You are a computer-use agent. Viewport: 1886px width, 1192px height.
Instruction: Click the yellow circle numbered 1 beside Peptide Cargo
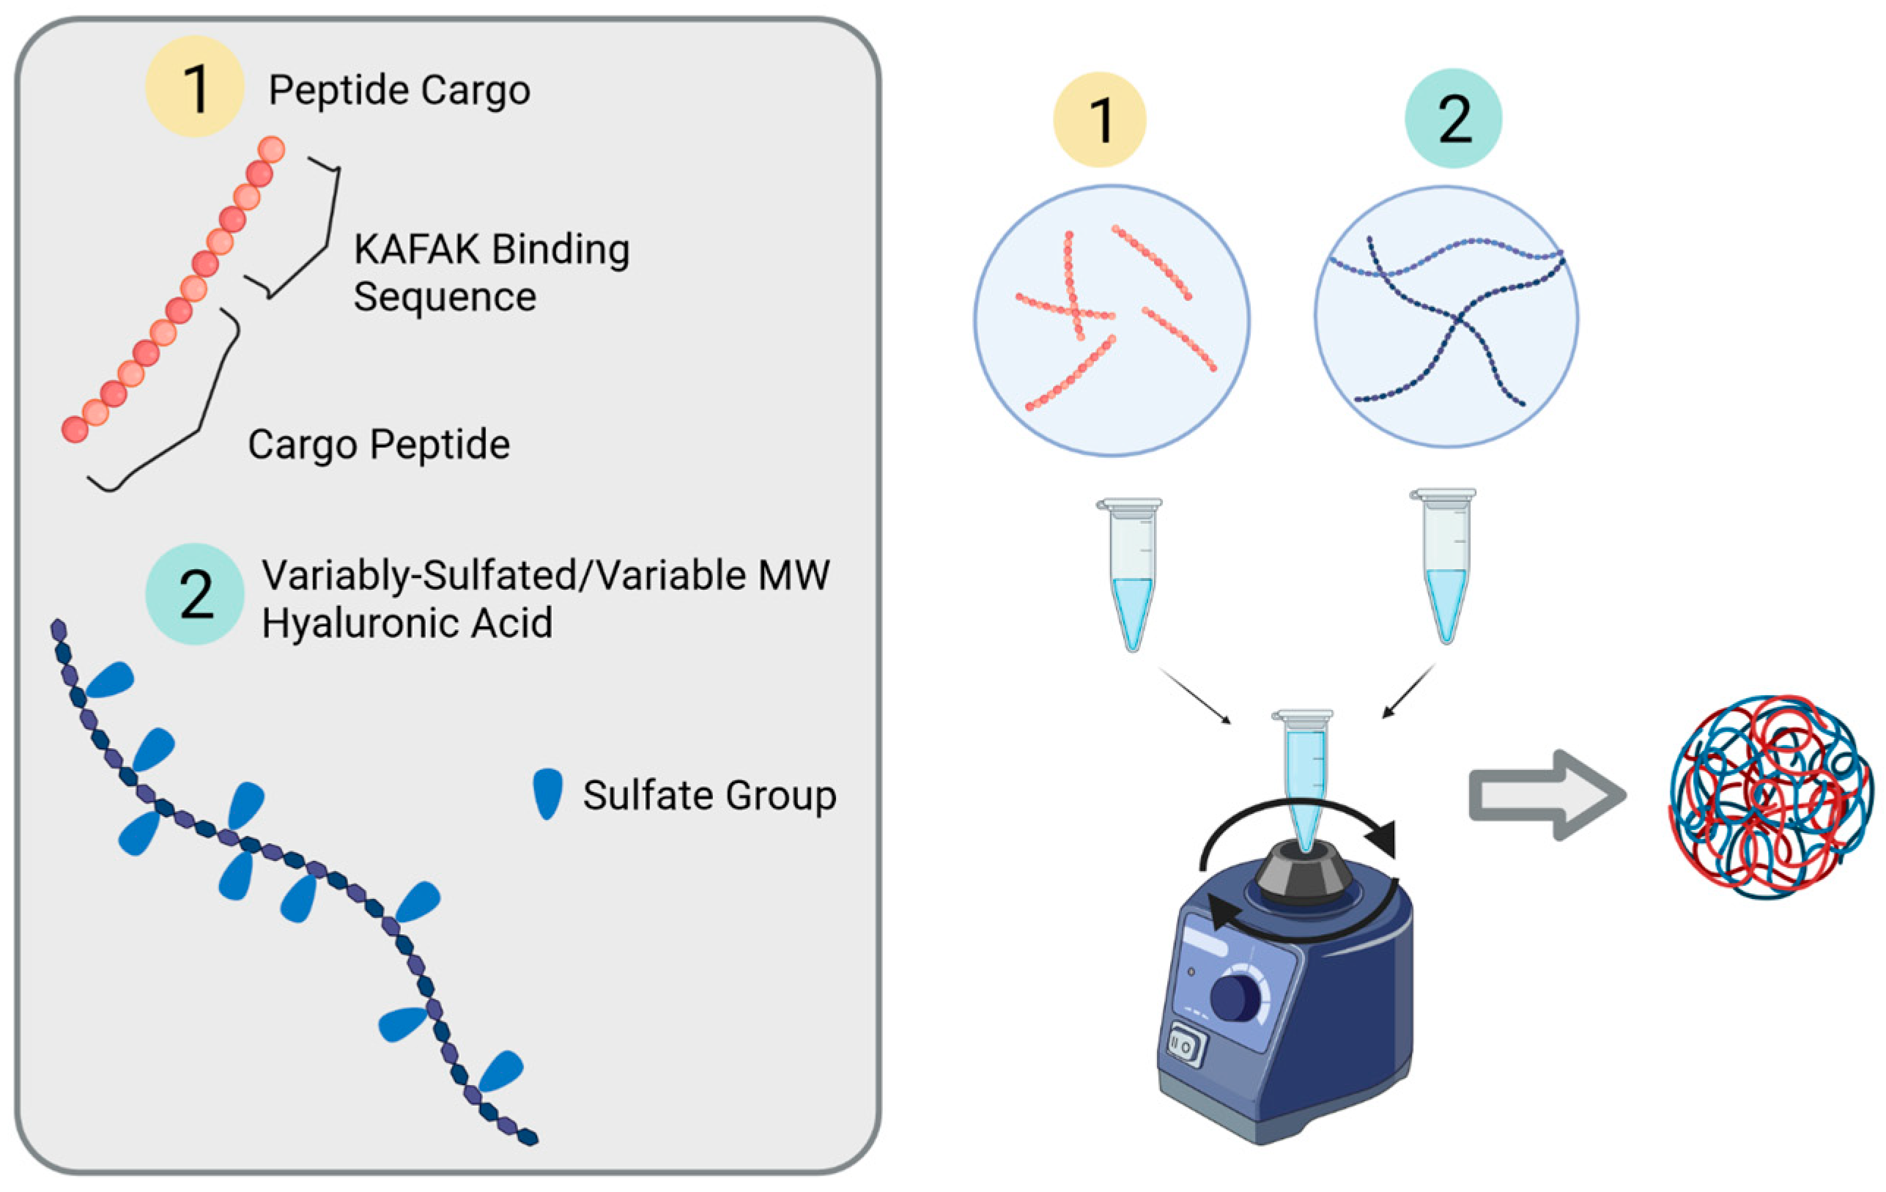(x=194, y=87)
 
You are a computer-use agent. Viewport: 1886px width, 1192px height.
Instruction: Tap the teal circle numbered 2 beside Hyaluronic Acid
(x=194, y=594)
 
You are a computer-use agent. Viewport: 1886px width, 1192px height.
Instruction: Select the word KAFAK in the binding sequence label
(x=417, y=250)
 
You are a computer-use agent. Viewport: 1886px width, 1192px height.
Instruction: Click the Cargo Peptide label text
(x=379, y=444)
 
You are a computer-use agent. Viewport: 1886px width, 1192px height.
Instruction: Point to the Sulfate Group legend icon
(x=547, y=794)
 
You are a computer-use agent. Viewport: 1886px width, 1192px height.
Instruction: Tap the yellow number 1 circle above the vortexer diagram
(x=1099, y=120)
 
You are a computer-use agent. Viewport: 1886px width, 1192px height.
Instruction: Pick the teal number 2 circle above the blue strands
(x=1453, y=118)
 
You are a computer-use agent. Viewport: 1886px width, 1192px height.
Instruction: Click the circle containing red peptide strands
(x=1112, y=320)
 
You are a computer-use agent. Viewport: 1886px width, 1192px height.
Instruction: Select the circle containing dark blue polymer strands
(x=1446, y=317)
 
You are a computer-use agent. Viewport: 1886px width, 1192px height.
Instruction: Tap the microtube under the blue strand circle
(x=1446, y=566)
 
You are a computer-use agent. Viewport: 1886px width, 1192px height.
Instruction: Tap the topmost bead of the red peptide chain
(x=271, y=149)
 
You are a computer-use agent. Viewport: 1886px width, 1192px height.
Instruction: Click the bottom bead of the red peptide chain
(x=75, y=429)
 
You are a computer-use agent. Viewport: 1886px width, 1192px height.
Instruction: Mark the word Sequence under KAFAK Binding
(x=444, y=297)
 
